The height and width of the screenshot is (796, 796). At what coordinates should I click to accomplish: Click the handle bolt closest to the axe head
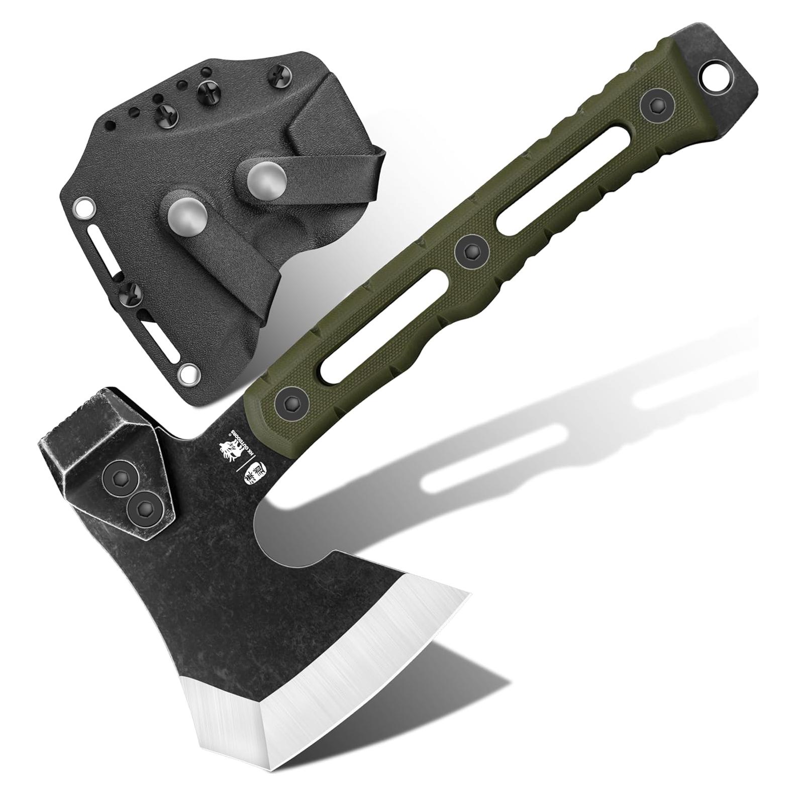(x=289, y=402)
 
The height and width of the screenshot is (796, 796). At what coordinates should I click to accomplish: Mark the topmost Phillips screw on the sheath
(x=278, y=73)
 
